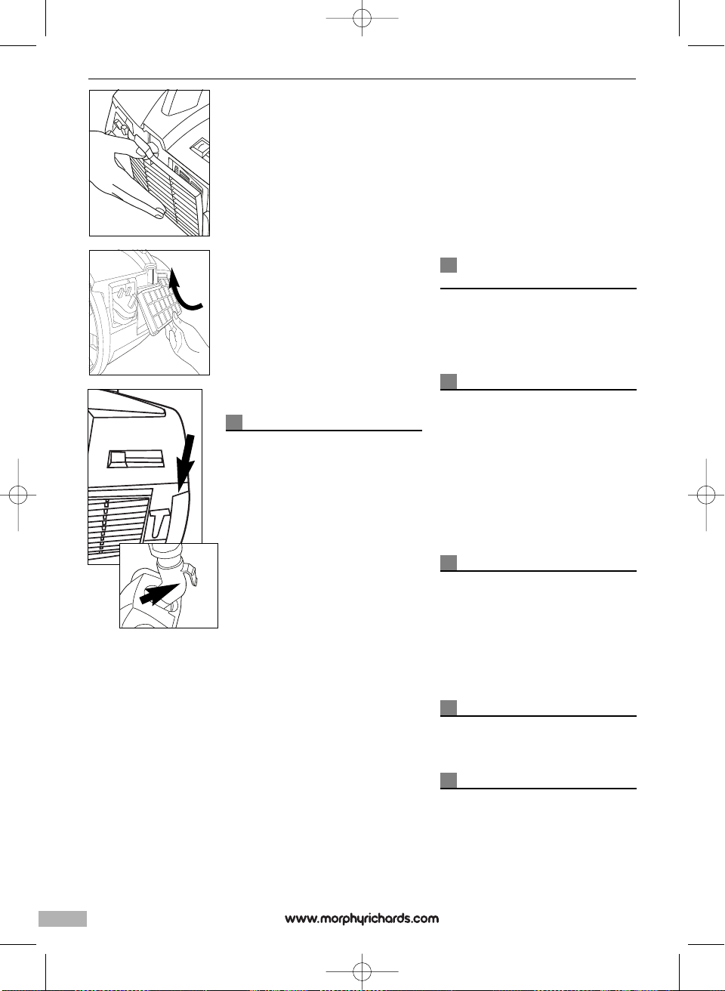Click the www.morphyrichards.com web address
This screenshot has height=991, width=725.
pos(362,918)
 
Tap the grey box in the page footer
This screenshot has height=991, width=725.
pos(63,918)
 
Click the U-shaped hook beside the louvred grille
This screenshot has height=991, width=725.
pos(161,520)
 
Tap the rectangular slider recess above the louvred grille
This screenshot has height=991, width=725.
pos(136,459)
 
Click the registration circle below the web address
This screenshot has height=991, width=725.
pos(362,971)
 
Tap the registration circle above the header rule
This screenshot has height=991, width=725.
pos(362,18)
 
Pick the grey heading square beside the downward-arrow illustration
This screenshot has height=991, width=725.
pos(234,422)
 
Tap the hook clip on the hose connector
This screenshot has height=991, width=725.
pos(190,574)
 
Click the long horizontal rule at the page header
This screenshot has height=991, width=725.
pos(362,79)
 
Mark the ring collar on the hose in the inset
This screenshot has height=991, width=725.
pos(170,563)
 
